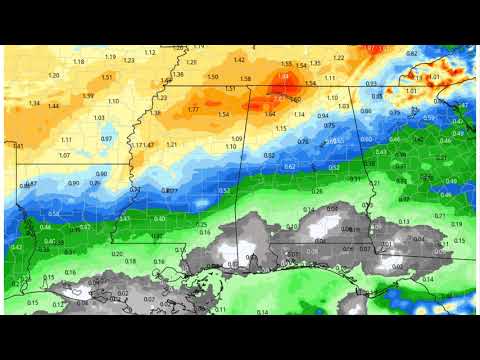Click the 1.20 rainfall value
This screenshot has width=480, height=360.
[53, 75]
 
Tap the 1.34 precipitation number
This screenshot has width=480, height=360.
[34, 103]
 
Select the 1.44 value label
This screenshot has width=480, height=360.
[53, 106]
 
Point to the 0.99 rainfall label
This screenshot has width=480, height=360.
[88, 96]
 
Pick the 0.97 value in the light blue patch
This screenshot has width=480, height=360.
[105, 139]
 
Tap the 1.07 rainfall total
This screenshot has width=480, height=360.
[64, 155]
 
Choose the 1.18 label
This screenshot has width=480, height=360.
[78, 62]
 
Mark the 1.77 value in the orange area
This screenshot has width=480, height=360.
[192, 109]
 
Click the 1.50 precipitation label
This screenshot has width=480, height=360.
[212, 77]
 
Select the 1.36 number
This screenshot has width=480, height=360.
[178, 74]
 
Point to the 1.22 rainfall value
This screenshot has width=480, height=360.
[338, 57]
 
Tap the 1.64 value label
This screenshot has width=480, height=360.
[270, 114]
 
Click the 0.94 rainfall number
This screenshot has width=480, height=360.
[323, 116]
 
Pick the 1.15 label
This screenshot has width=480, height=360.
[280, 129]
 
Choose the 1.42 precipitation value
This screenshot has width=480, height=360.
[239, 60]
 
